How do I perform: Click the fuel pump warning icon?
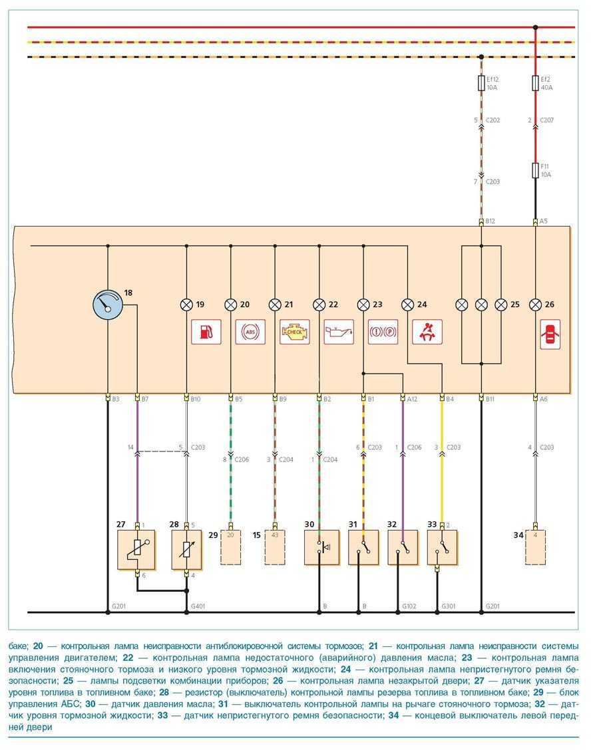pyautogui.click(x=206, y=331)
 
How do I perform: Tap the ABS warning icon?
pyautogui.click(x=250, y=331)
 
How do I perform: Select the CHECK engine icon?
pyautogui.click(x=294, y=331)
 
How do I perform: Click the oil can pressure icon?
pyautogui.click(x=338, y=331)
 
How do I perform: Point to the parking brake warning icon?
pyautogui.click(x=383, y=331)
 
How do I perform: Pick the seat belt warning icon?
pyautogui.click(x=427, y=331)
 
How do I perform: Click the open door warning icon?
pyautogui.click(x=550, y=334)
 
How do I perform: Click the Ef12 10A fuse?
pyautogui.click(x=481, y=83)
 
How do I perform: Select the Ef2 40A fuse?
pyautogui.click(x=535, y=83)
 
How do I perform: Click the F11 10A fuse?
pyautogui.click(x=535, y=170)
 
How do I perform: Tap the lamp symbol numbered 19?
pyautogui.click(x=186, y=305)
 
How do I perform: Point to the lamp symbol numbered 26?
pyautogui.click(x=535, y=305)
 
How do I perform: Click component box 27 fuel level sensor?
pyautogui.click(x=136, y=549)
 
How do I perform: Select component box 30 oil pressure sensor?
pyautogui.click(x=321, y=547)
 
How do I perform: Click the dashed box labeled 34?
pyautogui.click(x=535, y=547)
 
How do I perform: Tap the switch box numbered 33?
pyautogui.click(x=440, y=547)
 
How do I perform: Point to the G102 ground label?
pyautogui.click(x=409, y=606)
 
